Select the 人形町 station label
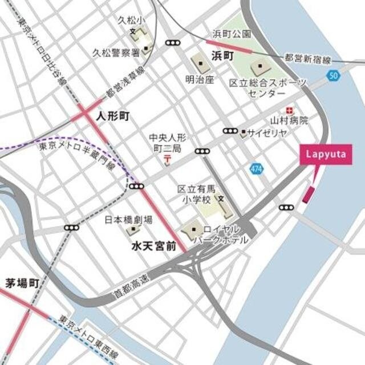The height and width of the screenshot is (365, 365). (113, 116)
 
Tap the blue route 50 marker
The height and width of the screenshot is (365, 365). (334, 75)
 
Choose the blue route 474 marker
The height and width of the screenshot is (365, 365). (256, 168)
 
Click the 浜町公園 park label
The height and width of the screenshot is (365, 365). (231, 34)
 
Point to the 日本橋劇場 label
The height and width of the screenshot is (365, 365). (128, 220)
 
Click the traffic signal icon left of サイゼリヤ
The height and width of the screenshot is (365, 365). (230, 131)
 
